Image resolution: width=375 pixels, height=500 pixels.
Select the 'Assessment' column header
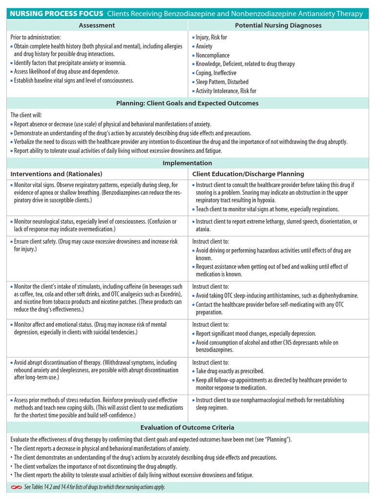[x=97, y=25]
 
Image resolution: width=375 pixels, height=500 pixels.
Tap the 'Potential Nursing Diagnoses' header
[x=278, y=25]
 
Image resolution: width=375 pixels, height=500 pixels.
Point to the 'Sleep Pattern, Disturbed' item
[x=222, y=82]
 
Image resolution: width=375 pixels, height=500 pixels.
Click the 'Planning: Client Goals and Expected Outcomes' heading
[x=187, y=103]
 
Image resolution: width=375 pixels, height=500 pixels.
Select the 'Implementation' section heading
[x=187, y=163]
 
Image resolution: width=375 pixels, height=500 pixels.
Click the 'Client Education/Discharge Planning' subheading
[x=248, y=174]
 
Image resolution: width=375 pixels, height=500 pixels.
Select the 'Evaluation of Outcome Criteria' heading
[x=187, y=427]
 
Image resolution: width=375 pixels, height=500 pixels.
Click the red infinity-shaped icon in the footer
[x=16, y=487]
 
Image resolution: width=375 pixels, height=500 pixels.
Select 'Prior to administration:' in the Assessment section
[x=36, y=37]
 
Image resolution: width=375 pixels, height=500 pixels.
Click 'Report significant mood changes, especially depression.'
[x=256, y=333]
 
